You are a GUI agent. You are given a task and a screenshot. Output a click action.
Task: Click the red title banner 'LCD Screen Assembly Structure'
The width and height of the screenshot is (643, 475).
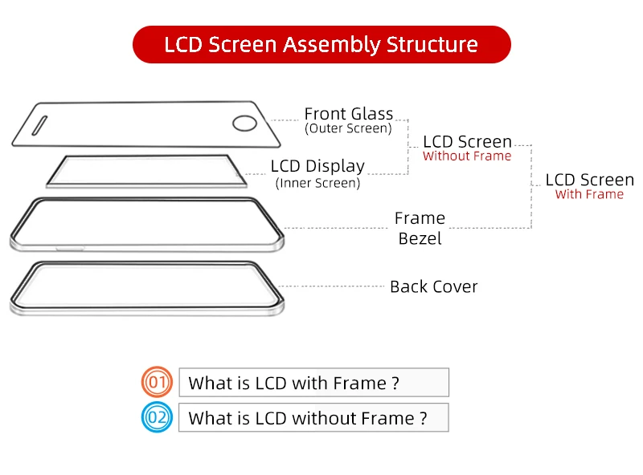tap(321, 44)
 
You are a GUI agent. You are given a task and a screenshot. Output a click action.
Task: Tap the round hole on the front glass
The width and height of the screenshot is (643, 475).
tap(244, 123)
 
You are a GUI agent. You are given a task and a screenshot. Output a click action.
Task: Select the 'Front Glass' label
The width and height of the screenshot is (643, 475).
tap(349, 113)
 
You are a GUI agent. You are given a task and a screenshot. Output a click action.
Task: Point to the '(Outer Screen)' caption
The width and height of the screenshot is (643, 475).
tap(349, 128)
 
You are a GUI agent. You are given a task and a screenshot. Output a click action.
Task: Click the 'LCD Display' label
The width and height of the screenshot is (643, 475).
tap(317, 166)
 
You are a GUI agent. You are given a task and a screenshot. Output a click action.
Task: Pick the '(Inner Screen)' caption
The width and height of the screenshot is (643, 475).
tap(318, 183)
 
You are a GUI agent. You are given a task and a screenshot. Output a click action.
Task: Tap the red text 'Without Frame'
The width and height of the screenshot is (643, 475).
tap(467, 156)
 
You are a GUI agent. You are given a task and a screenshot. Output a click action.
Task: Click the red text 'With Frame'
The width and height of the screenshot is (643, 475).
tap(589, 194)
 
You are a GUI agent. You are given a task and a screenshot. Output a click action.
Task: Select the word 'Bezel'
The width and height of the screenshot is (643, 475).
tap(420, 238)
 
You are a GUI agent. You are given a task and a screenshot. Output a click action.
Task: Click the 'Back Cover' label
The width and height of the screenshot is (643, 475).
tap(433, 286)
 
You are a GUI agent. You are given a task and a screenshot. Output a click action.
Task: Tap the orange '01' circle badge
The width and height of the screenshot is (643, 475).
tap(158, 383)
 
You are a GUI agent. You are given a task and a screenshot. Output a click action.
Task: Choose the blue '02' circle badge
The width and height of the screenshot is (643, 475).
tap(158, 418)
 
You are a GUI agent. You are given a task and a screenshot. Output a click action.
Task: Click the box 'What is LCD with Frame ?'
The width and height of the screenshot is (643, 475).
tap(313, 383)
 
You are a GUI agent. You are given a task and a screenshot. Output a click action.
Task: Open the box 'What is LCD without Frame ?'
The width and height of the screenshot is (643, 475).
tap(313, 418)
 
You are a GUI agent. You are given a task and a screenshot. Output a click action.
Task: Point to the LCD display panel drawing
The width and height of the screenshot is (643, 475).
tap(145, 171)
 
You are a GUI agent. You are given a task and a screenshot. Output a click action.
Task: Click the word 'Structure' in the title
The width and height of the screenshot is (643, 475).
tap(432, 44)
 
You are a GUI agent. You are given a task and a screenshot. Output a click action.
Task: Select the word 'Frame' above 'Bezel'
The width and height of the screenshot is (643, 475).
tap(420, 218)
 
